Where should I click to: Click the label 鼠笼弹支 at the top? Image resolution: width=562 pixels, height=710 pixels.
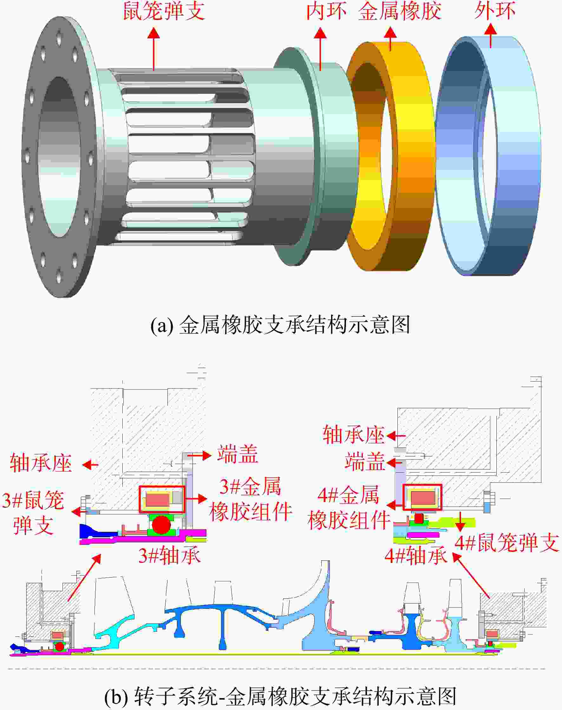click(164, 10)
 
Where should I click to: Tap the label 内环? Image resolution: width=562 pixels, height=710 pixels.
click(326, 10)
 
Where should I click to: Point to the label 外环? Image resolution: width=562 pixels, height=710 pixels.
click(494, 10)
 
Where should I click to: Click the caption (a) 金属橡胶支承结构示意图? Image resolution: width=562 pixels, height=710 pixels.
click(280, 325)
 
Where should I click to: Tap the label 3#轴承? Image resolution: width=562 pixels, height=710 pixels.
click(169, 556)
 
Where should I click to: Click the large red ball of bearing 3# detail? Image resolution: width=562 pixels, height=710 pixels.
click(161, 524)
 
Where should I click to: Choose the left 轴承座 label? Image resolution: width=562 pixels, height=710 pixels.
click(41, 463)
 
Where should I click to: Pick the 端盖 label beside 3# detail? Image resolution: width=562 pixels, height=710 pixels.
click(238, 454)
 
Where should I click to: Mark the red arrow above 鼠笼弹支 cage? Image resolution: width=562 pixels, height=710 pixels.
click(154, 49)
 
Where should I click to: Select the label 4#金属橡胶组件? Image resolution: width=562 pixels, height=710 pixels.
click(349, 508)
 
